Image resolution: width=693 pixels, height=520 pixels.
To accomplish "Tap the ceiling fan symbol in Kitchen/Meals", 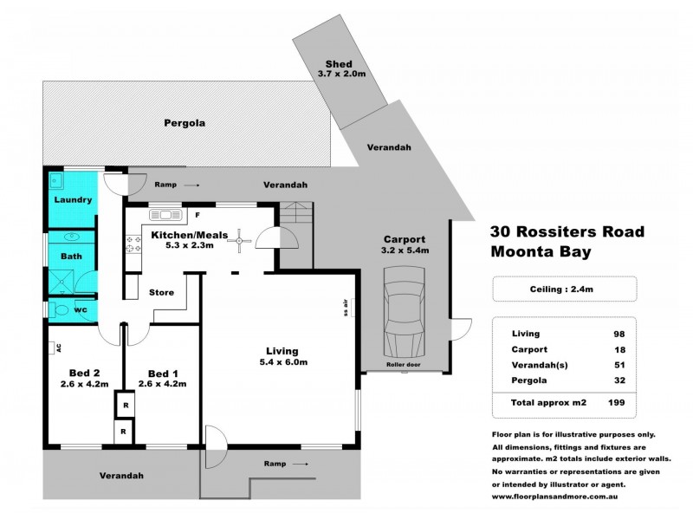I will (x=236, y=245).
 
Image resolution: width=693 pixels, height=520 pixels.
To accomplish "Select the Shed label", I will (x=337, y=65).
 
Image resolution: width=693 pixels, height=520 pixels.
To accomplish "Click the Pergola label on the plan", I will (x=185, y=123).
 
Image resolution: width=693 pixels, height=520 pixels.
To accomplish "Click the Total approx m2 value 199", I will (x=616, y=403).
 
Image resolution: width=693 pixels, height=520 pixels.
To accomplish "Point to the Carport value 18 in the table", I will (x=618, y=349).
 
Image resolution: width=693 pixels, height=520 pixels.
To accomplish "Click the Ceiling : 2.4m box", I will (x=563, y=288).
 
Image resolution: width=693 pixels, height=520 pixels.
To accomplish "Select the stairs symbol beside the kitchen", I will (x=294, y=214).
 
